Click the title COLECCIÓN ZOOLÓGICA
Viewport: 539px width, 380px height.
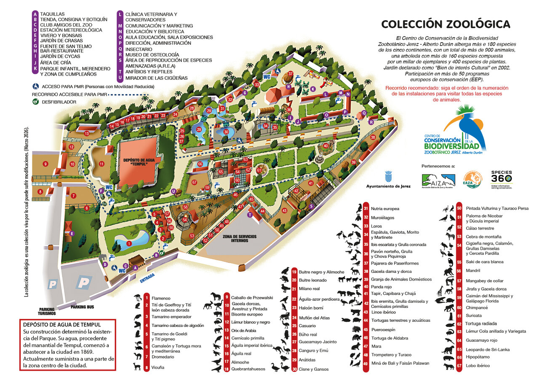(446, 24)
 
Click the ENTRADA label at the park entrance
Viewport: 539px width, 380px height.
(147, 276)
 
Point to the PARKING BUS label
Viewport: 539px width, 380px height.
(82, 307)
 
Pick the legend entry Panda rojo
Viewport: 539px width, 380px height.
(382, 286)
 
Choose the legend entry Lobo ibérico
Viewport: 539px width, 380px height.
(478, 365)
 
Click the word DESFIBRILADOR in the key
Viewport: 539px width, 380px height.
(59, 102)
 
